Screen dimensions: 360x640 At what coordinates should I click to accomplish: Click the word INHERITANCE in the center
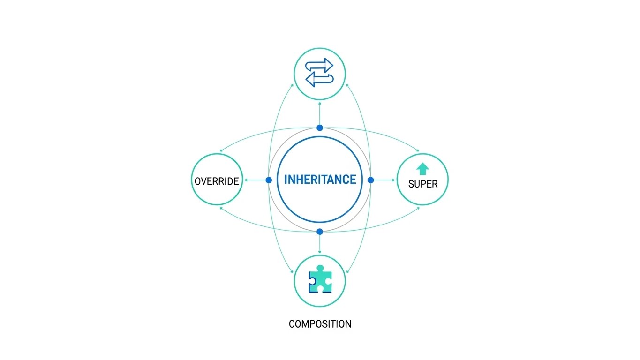click(x=320, y=180)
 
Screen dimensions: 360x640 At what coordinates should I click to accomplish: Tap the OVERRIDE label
click(x=217, y=181)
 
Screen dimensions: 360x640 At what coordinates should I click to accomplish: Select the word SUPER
click(x=422, y=184)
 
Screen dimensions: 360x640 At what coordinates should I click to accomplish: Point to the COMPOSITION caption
click(x=320, y=324)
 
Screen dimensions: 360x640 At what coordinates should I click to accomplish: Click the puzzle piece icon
click(x=320, y=279)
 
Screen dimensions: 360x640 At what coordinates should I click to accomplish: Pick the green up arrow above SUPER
click(x=422, y=168)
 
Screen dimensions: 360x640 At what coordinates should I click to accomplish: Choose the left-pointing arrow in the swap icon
click(x=319, y=80)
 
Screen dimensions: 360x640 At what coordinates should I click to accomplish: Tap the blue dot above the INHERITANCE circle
click(x=320, y=127)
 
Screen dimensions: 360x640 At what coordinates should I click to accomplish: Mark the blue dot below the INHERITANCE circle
click(x=320, y=232)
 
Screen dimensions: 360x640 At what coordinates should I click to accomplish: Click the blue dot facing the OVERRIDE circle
click(x=269, y=180)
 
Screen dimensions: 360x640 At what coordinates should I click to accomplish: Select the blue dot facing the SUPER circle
click(x=370, y=180)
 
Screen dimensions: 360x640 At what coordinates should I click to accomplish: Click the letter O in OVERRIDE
click(x=198, y=181)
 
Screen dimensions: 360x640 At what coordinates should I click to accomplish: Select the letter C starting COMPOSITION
click(x=292, y=324)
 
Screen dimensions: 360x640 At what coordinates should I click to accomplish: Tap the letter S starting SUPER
click(x=411, y=184)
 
